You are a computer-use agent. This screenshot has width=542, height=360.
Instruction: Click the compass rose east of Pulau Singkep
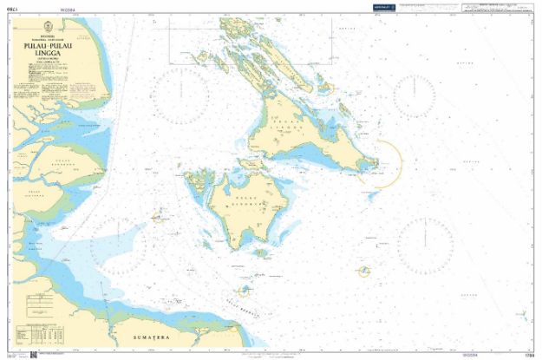pos(427,240)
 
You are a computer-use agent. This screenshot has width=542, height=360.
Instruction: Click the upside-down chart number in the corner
pos(11,8)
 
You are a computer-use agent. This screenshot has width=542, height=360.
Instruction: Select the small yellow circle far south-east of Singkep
pos(364,272)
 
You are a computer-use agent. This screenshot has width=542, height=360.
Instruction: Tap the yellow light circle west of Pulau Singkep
pos(158,219)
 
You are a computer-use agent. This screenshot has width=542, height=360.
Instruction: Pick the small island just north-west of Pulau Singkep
pos(199,181)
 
